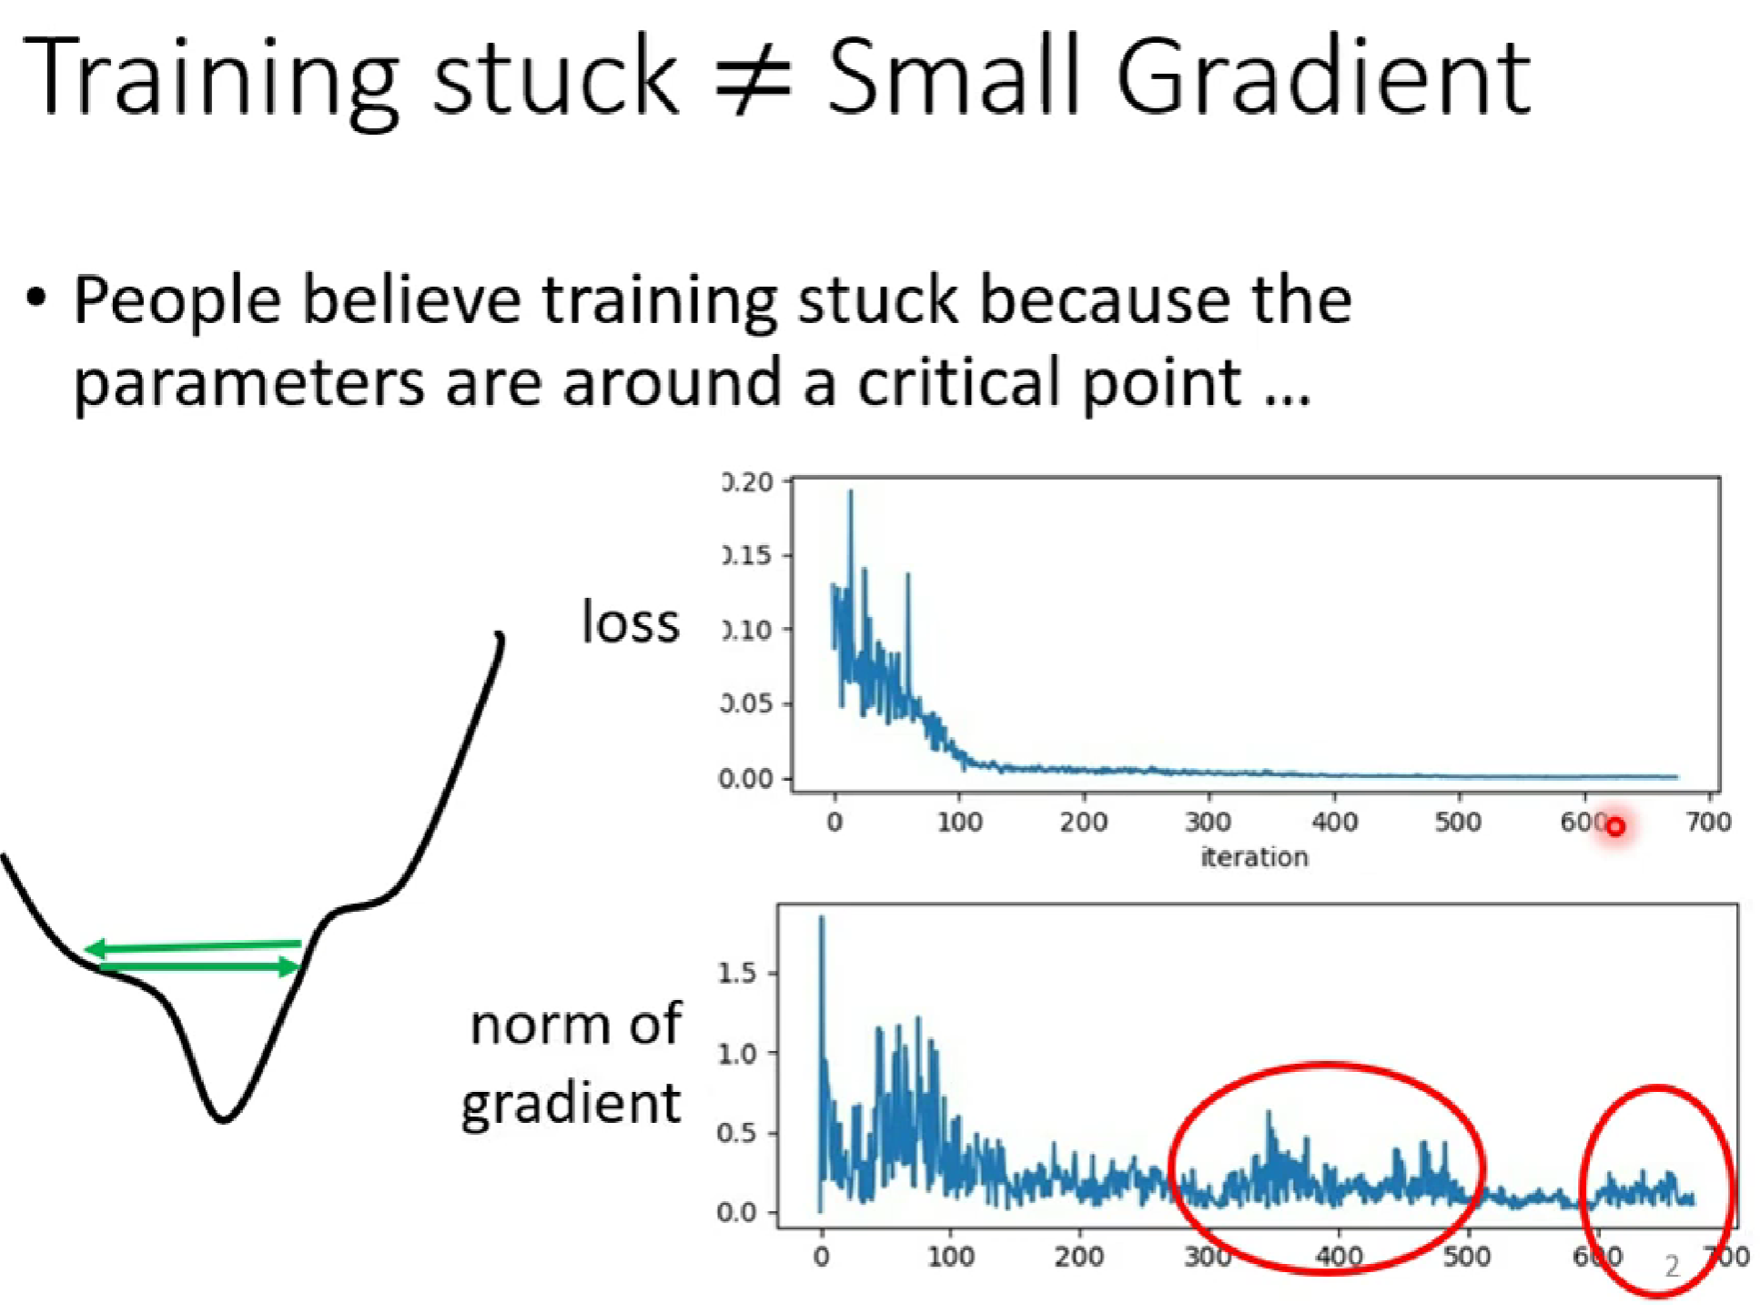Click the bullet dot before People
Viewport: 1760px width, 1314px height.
(36, 298)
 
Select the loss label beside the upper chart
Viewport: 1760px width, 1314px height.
(631, 622)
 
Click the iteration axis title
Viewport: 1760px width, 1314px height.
(1254, 856)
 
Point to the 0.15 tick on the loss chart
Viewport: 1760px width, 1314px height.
(747, 554)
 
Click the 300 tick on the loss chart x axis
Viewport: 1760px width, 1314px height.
(1208, 822)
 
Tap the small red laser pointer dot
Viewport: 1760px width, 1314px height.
(1615, 827)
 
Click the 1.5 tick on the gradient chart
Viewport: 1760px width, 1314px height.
(736, 973)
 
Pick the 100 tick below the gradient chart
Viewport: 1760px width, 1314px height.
(950, 1257)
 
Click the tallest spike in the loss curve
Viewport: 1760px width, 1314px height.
(851, 492)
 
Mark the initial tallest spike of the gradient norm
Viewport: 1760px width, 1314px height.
(822, 918)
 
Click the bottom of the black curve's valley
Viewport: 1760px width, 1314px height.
(223, 1118)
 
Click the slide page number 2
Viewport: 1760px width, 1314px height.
(1671, 1266)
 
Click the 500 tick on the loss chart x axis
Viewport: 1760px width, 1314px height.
(1458, 822)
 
